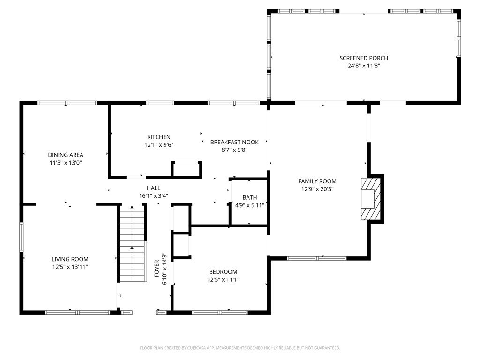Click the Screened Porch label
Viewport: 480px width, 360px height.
(x=364, y=58)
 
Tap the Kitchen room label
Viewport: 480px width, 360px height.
(x=159, y=137)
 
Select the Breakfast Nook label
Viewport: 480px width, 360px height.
(x=234, y=142)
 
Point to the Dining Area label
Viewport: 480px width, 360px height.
(x=66, y=155)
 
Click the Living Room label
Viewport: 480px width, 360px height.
(x=70, y=259)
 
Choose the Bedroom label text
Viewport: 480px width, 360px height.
(x=223, y=272)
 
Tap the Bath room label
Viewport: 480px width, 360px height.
(x=250, y=197)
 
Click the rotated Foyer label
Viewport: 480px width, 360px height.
(x=157, y=269)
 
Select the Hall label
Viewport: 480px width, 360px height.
(x=154, y=188)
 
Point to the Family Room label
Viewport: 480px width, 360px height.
(x=317, y=181)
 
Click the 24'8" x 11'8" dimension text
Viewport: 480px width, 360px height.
(x=364, y=66)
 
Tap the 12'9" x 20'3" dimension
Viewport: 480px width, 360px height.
(x=317, y=189)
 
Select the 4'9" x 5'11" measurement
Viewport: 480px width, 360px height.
(x=250, y=205)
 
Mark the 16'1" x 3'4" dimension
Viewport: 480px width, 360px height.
(x=154, y=196)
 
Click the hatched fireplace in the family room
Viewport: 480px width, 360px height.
(x=371, y=199)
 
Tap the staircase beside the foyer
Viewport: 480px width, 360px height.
(x=132, y=243)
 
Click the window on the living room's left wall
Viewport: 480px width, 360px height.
(x=22, y=237)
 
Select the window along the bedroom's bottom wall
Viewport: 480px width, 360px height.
(x=220, y=313)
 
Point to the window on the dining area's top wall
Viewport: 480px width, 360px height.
(x=67, y=103)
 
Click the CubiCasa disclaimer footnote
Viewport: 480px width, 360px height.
(x=240, y=348)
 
